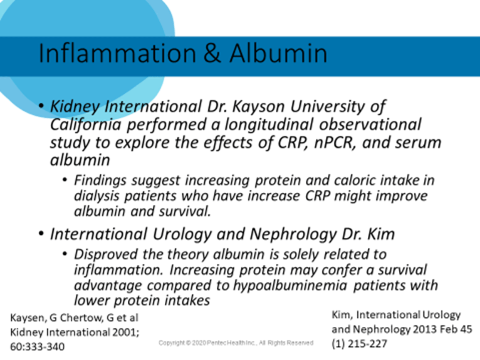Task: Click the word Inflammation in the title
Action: tap(117, 53)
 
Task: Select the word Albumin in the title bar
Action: tap(278, 53)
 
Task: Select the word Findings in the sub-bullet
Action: tap(100, 181)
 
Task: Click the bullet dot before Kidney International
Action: tap(41, 106)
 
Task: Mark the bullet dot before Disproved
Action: tap(64, 254)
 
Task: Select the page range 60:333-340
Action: tap(37, 347)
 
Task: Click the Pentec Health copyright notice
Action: tap(236, 343)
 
